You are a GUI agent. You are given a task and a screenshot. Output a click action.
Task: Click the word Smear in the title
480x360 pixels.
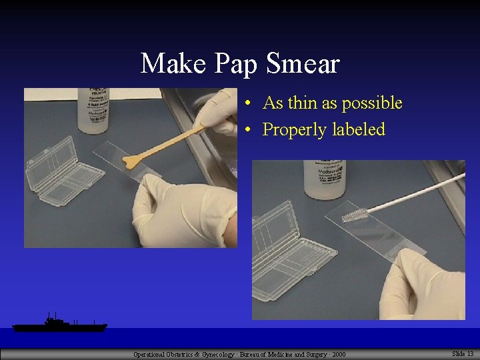click(x=303, y=64)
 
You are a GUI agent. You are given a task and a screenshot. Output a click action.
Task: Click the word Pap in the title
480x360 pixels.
click(x=237, y=65)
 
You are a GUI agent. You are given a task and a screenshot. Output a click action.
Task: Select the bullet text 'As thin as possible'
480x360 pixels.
click(x=333, y=103)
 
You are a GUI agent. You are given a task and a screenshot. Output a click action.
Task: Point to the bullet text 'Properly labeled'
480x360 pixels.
click(x=324, y=129)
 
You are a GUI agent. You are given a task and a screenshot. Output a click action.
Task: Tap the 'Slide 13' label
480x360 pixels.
click(x=463, y=353)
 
